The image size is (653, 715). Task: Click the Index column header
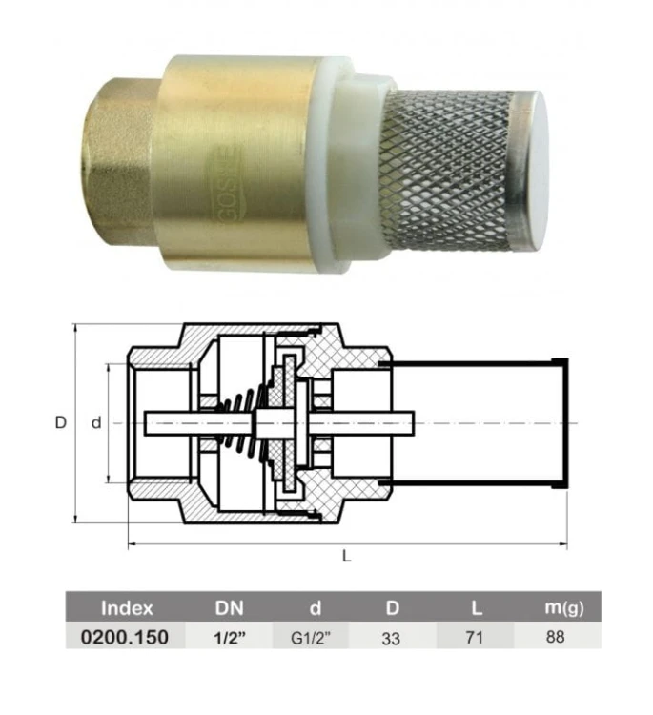point(127,608)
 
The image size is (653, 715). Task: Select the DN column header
point(229,608)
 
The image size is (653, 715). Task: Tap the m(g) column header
point(564,608)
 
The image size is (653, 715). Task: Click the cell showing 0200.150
point(125,637)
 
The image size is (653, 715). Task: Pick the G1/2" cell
point(310,638)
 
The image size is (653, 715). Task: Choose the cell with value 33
point(391,639)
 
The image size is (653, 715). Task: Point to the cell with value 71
point(474,637)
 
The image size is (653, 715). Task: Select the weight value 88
point(555,637)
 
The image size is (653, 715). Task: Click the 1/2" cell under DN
point(230,638)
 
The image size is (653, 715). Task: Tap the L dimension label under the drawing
point(347,556)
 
